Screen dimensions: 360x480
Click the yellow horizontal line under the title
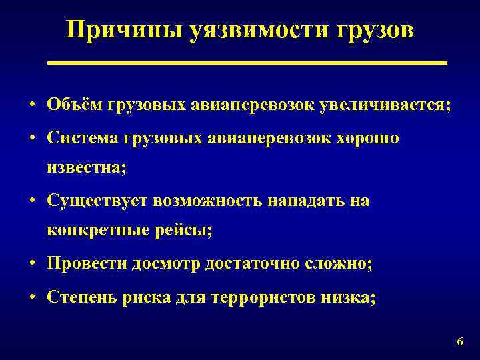[247, 62]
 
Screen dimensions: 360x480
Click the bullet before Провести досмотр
[32, 264]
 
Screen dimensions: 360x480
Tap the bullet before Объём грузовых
[32, 105]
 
